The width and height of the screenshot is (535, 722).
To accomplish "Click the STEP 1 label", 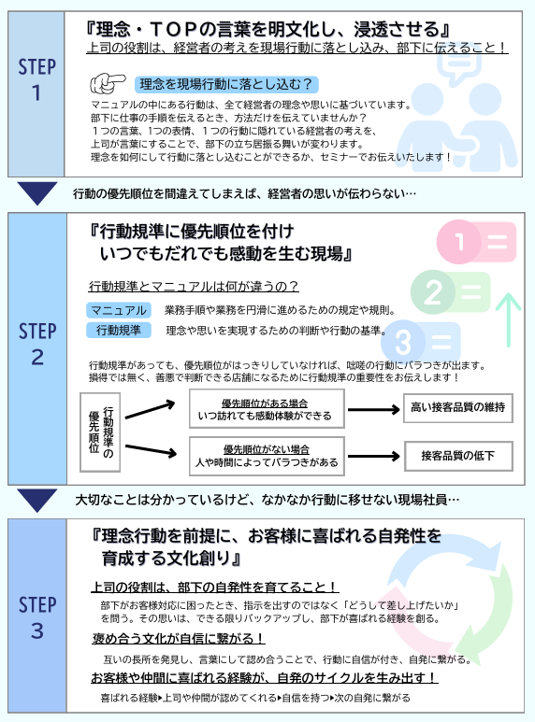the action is tap(36, 79).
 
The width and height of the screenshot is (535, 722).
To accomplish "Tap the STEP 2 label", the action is tap(37, 344).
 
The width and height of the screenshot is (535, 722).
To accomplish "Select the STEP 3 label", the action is tap(37, 617).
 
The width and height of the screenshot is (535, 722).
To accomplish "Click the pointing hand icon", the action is tap(108, 83).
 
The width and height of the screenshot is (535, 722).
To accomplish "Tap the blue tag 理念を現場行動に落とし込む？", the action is tap(226, 84).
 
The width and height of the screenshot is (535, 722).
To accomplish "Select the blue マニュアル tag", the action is tap(119, 310).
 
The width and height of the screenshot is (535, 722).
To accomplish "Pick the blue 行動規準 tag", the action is tap(119, 330).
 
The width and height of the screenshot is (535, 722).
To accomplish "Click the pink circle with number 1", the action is tap(459, 242).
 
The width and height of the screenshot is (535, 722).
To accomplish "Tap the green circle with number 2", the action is tap(433, 292).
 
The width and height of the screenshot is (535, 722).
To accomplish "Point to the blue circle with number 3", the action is tap(403, 342).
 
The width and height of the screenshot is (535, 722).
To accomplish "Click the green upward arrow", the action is tap(508, 319).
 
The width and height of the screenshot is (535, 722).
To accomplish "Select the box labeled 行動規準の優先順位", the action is tap(100, 432).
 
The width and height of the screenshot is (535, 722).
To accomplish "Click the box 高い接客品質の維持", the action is tap(458, 407).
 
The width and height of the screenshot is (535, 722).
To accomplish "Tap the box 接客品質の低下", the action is tap(458, 456).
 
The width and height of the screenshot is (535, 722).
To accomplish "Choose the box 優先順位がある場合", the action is tap(267, 409).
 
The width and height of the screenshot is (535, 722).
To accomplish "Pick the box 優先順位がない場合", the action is tap(267, 456).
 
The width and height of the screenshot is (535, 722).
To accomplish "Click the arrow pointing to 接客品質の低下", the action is tap(373, 457).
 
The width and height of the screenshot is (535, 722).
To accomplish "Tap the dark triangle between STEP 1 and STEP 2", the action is tap(37, 193).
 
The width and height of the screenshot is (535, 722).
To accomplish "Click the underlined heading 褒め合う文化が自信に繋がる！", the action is tap(179, 639).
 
